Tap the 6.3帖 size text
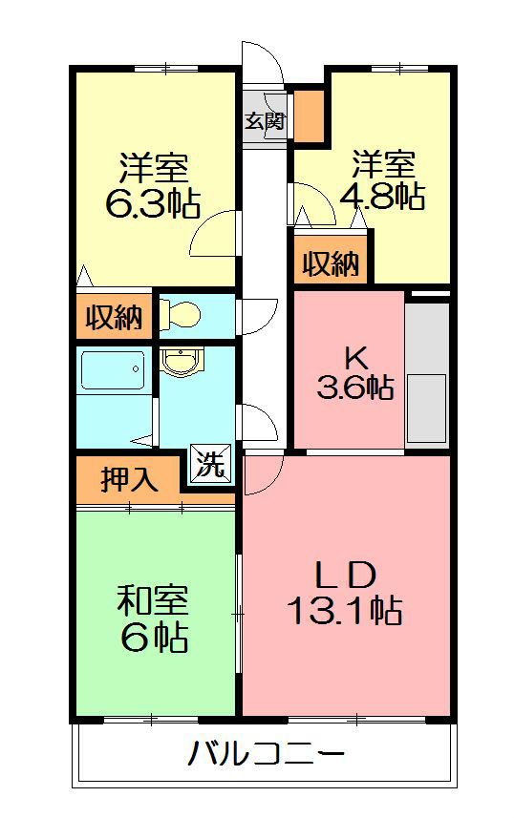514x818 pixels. click(x=153, y=203)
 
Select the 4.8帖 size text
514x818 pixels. click(x=382, y=196)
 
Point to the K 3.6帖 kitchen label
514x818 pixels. click(x=355, y=373)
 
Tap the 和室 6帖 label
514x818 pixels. click(x=153, y=619)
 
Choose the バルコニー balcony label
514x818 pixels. click(x=267, y=753)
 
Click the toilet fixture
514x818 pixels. click(x=180, y=314)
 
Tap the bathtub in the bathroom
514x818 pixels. click(x=114, y=370)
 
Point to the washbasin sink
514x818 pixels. click(x=181, y=362)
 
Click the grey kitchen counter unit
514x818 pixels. click(x=427, y=373)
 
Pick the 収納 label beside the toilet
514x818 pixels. click(x=115, y=317)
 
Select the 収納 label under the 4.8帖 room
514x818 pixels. click(x=332, y=263)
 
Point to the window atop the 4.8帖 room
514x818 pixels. click(x=399, y=68)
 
